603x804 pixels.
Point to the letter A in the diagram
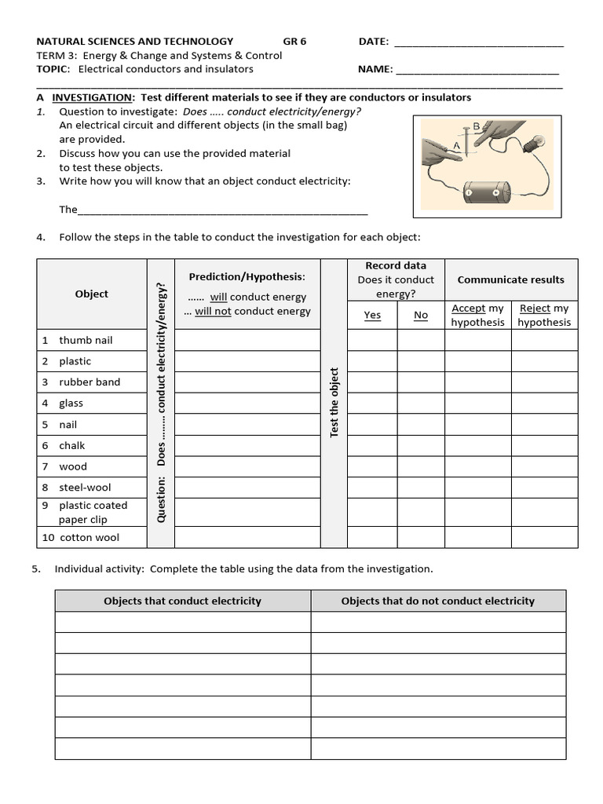tap(456, 146)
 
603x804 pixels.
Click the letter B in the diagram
tap(477, 126)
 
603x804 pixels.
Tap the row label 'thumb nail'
tap(86, 340)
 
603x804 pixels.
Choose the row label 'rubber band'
tap(90, 382)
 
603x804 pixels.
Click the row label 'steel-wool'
tap(85, 488)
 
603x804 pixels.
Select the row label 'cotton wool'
tap(90, 538)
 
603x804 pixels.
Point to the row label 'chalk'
tap(72, 445)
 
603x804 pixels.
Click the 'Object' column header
tap(92, 294)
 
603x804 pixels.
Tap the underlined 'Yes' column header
tap(372, 315)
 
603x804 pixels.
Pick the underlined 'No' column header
tap(421, 315)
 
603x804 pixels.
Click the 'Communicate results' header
tap(511, 280)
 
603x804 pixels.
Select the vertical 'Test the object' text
tap(334, 403)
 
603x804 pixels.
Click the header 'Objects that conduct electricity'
tap(182, 601)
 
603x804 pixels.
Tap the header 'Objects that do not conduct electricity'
tap(437, 601)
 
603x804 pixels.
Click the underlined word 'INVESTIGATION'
tap(93, 97)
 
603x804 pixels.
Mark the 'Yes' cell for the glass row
tap(372, 404)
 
